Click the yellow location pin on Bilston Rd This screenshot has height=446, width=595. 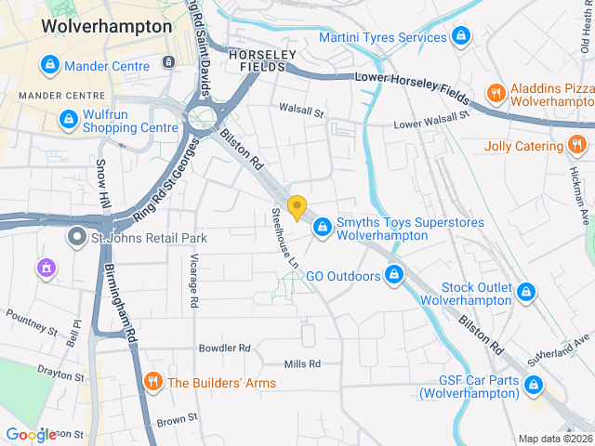[x=297, y=207]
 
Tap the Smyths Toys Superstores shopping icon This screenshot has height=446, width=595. [x=322, y=226]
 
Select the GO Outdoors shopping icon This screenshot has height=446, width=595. [x=394, y=275]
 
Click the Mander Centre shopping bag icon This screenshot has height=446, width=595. [x=49, y=65]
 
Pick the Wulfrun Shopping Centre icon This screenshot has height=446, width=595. [x=68, y=119]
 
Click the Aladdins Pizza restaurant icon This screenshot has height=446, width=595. [x=496, y=93]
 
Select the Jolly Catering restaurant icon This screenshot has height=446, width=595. [x=577, y=145]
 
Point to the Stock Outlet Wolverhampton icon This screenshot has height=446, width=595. [x=527, y=292]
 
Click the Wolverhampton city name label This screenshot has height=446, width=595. [x=107, y=27]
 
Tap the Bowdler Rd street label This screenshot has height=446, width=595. [x=225, y=348]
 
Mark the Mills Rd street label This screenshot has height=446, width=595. [x=303, y=363]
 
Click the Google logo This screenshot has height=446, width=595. [x=31, y=434]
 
